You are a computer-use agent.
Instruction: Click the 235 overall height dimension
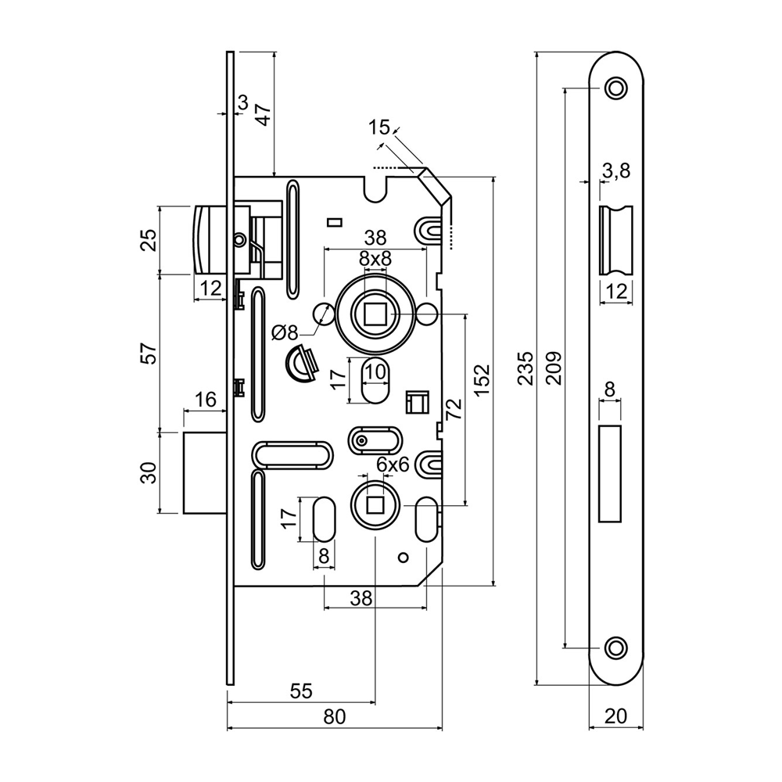tap(526, 368)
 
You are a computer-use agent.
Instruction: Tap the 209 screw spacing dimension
tap(554, 368)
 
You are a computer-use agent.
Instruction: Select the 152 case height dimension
tap(481, 381)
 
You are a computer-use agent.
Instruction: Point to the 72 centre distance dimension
tap(454, 410)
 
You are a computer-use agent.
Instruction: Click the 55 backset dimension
tap(301, 691)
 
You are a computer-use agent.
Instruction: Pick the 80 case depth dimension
tap(334, 716)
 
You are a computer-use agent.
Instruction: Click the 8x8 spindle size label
tap(375, 258)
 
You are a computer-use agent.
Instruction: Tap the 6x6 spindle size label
tap(393, 465)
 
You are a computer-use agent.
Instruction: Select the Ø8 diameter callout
tap(285, 332)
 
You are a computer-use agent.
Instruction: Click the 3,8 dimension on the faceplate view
tap(616, 171)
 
